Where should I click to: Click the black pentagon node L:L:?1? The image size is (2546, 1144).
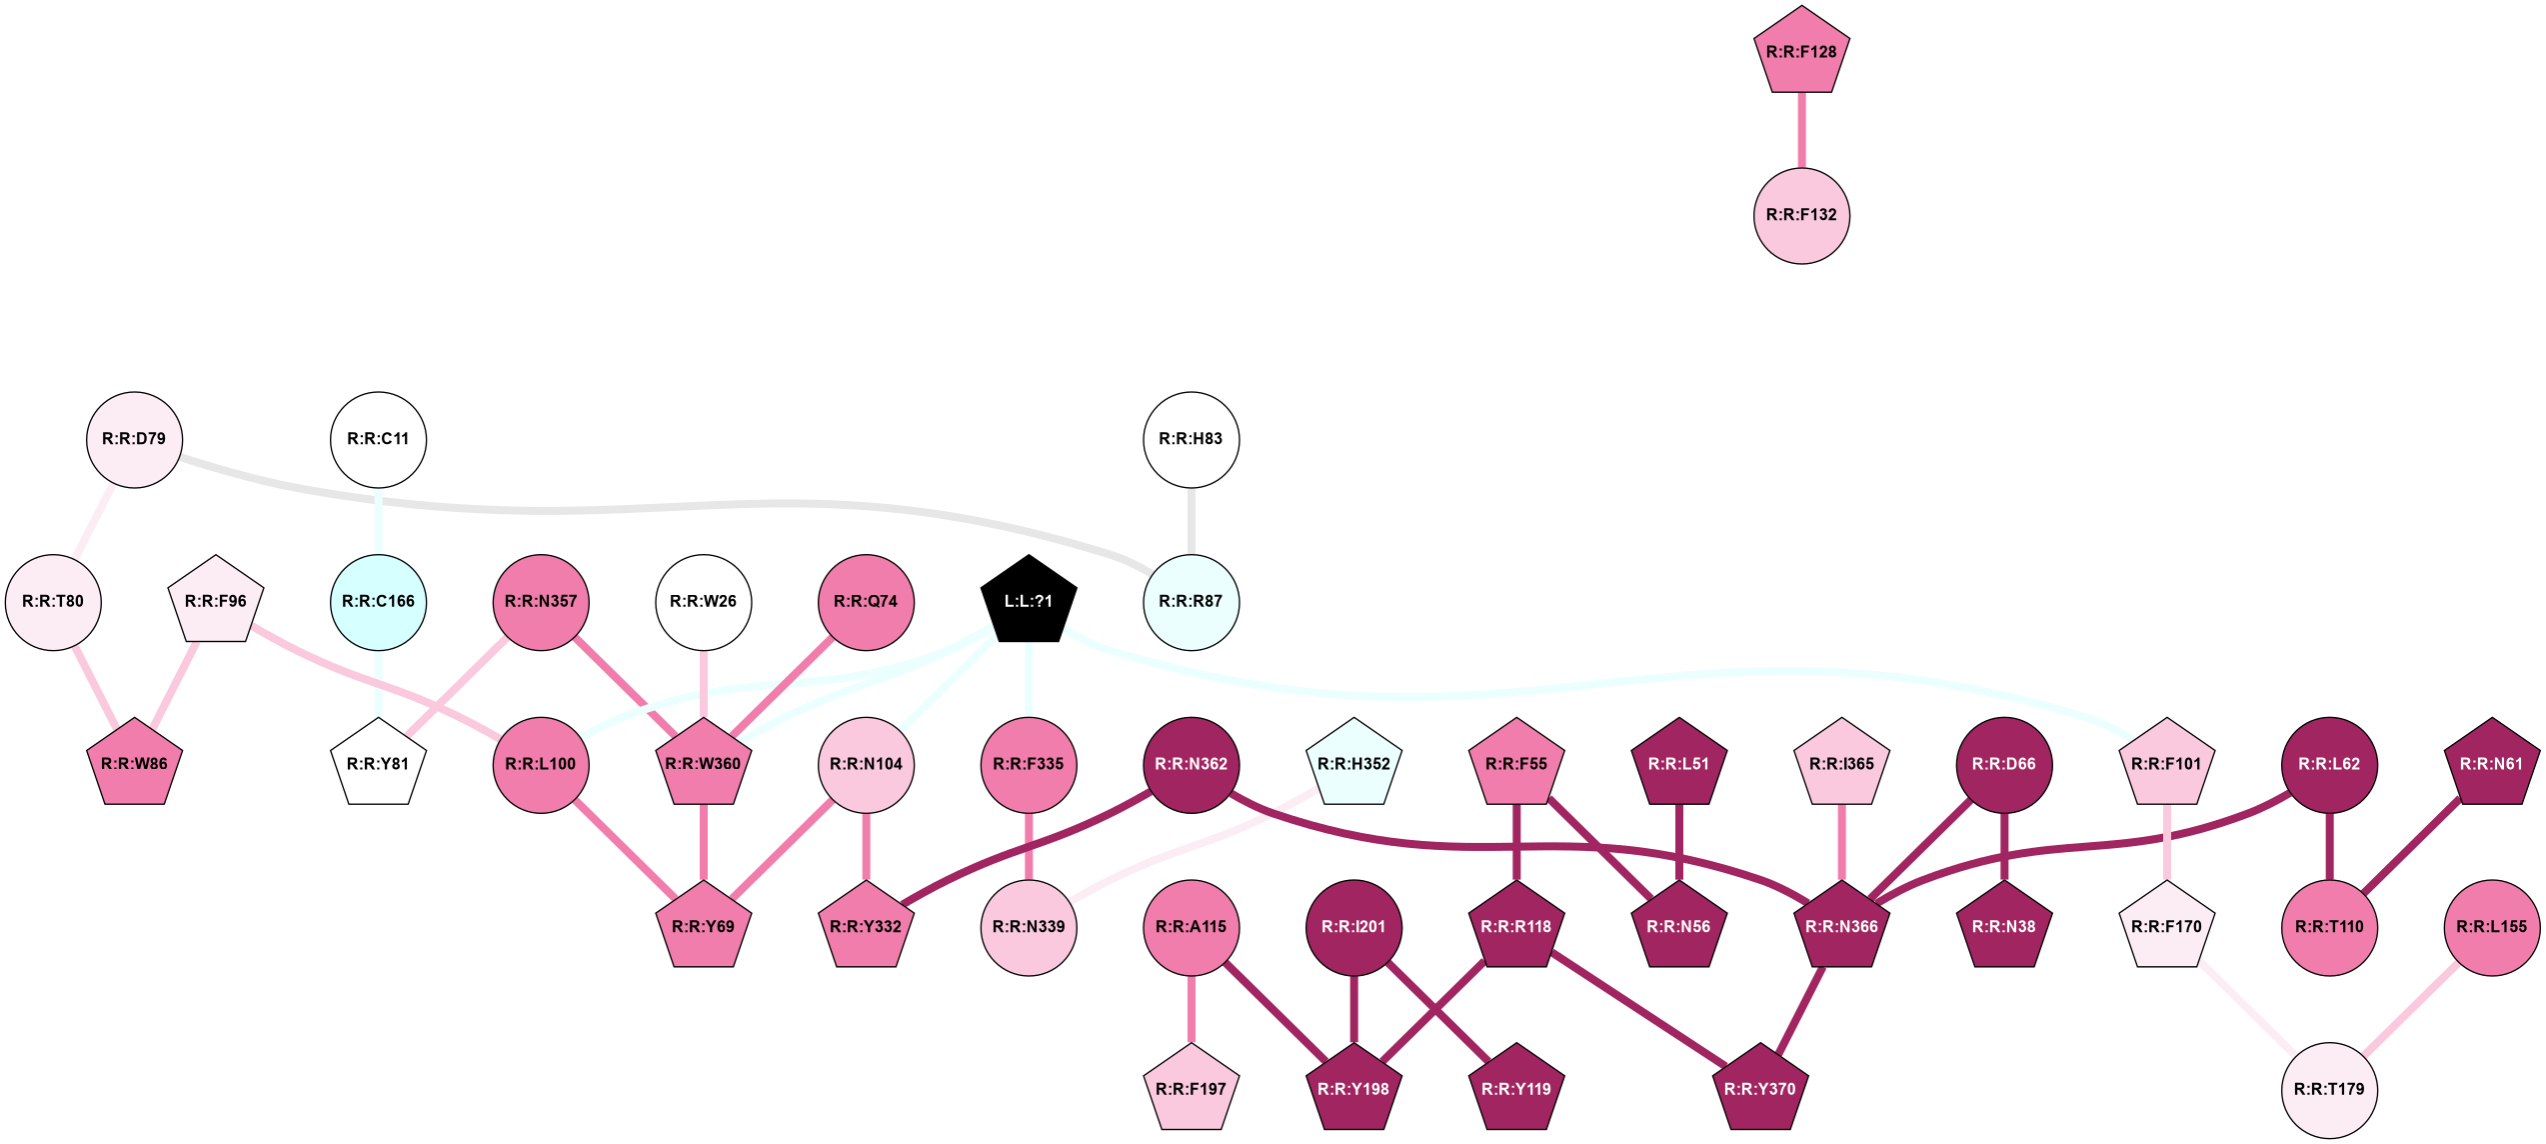[1029, 601]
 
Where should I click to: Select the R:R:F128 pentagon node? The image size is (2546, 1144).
[1801, 52]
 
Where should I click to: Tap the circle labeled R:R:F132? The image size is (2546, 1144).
[1801, 215]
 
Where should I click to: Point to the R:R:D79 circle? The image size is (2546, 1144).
[134, 439]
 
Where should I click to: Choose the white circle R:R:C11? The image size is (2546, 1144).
[378, 439]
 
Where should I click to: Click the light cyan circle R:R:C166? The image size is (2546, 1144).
[378, 602]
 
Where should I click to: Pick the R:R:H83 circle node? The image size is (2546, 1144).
[1191, 439]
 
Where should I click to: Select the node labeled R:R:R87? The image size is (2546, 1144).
[1191, 602]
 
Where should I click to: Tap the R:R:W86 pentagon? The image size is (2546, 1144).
[134, 764]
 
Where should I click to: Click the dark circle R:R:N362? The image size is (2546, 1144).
[1191, 764]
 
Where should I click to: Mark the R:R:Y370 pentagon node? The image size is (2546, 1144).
[1759, 1089]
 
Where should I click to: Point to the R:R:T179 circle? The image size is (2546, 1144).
[2329, 1089]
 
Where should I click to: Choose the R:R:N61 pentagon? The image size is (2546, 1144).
[2491, 764]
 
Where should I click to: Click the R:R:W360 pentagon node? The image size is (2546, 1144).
[704, 764]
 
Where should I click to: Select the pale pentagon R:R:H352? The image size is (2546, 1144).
[1353, 764]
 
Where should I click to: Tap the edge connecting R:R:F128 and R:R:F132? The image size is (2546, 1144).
[1801, 131]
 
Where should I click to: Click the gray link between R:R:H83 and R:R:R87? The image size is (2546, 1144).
[1191, 520]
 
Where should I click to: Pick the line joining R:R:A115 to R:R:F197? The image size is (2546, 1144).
[1191, 1010]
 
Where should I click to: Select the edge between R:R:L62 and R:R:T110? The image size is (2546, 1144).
[2329, 846]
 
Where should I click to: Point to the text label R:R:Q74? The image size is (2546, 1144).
[866, 602]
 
